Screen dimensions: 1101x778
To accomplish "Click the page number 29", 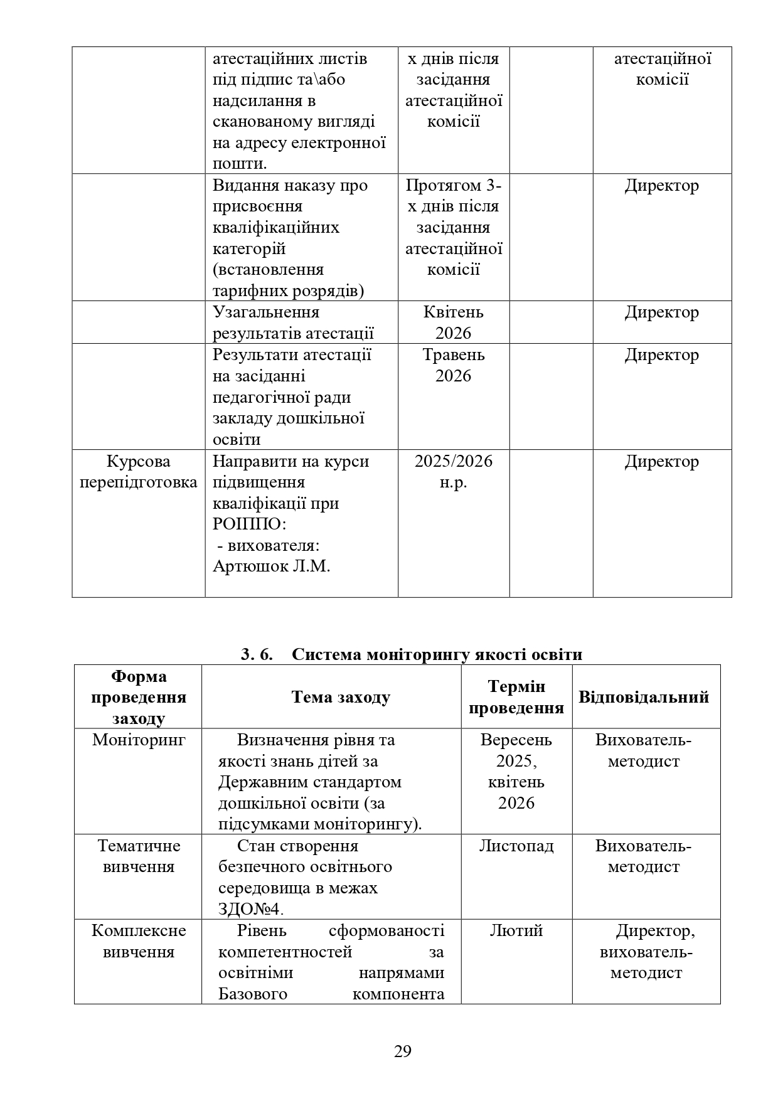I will (402, 1051).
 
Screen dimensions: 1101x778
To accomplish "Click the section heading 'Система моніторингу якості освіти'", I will (437, 654).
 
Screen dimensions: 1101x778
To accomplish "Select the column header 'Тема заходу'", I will (341, 697).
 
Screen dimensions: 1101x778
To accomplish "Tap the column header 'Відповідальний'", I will (644, 697).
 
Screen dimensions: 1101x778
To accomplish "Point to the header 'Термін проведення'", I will (516, 697).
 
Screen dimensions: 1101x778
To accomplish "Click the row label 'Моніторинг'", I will (139, 740).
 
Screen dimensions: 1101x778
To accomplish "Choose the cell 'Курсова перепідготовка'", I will (139, 472).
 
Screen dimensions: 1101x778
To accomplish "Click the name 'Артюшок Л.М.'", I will (271, 566).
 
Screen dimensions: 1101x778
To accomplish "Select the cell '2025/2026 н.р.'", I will (453, 472).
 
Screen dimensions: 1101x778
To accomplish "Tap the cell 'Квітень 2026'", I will (453, 322).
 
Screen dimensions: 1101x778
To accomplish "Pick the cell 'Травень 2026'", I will (453, 365).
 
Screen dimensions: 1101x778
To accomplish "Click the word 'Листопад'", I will (516, 846).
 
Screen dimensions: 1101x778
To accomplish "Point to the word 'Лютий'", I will (516, 930).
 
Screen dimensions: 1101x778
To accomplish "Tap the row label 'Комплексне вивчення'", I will (139, 941).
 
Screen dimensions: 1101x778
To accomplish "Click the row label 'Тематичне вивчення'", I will (139, 856).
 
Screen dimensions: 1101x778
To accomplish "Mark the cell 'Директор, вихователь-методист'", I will (646, 952).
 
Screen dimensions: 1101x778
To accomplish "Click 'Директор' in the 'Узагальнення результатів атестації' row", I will (661, 312).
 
